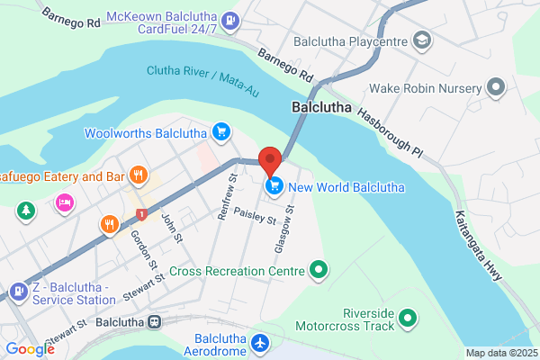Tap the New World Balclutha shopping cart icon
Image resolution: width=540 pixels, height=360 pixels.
click(274, 186)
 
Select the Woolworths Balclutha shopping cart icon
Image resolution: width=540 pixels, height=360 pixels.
click(220, 133)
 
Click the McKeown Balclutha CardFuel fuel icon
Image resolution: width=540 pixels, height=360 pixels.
click(231, 18)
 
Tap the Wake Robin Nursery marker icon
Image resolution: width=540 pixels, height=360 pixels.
click(494, 88)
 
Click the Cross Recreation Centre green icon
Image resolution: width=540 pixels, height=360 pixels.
click(317, 268)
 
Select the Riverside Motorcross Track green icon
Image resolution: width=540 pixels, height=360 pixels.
click(408, 318)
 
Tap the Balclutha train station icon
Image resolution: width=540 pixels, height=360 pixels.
click(155, 320)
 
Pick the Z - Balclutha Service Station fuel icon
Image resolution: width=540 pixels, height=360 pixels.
click(18, 292)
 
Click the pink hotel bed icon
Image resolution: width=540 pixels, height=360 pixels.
click(64, 202)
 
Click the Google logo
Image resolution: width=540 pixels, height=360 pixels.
click(30, 349)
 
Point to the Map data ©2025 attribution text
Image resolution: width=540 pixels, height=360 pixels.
click(501, 353)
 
